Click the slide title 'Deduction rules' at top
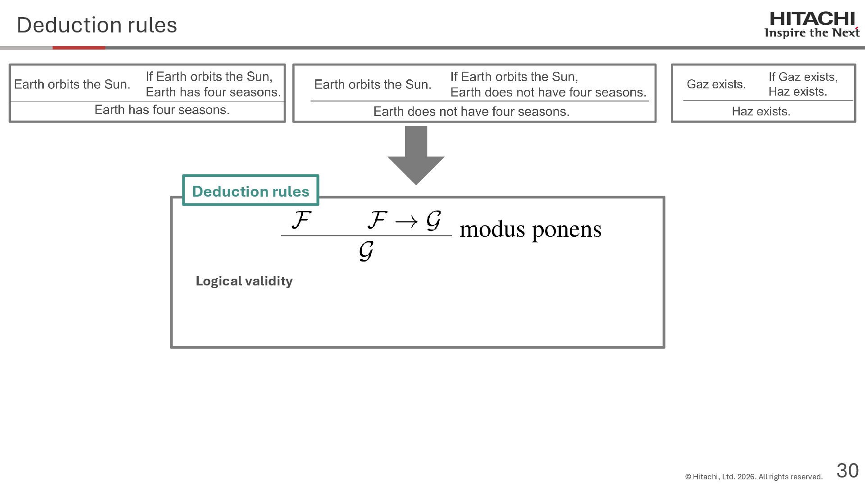tap(97, 25)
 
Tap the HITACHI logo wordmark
tap(812, 19)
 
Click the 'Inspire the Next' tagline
tap(811, 33)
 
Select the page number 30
tap(847, 470)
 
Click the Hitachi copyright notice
tap(753, 477)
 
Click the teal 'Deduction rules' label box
tap(250, 191)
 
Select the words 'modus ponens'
tap(530, 230)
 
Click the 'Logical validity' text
tap(244, 281)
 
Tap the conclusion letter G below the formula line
tap(366, 251)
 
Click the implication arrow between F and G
tap(406, 221)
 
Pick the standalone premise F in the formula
tap(301, 221)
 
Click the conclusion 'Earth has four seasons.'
tap(162, 110)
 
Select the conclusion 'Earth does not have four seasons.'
tap(471, 111)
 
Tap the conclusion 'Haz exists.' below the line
tap(761, 111)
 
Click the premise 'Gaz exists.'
tap(716, 84)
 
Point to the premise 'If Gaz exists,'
tap(803, 77)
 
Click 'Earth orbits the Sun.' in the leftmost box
tap(72, 84)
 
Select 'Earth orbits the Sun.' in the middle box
tap(373, 84)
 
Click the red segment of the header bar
tap(79, 47)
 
